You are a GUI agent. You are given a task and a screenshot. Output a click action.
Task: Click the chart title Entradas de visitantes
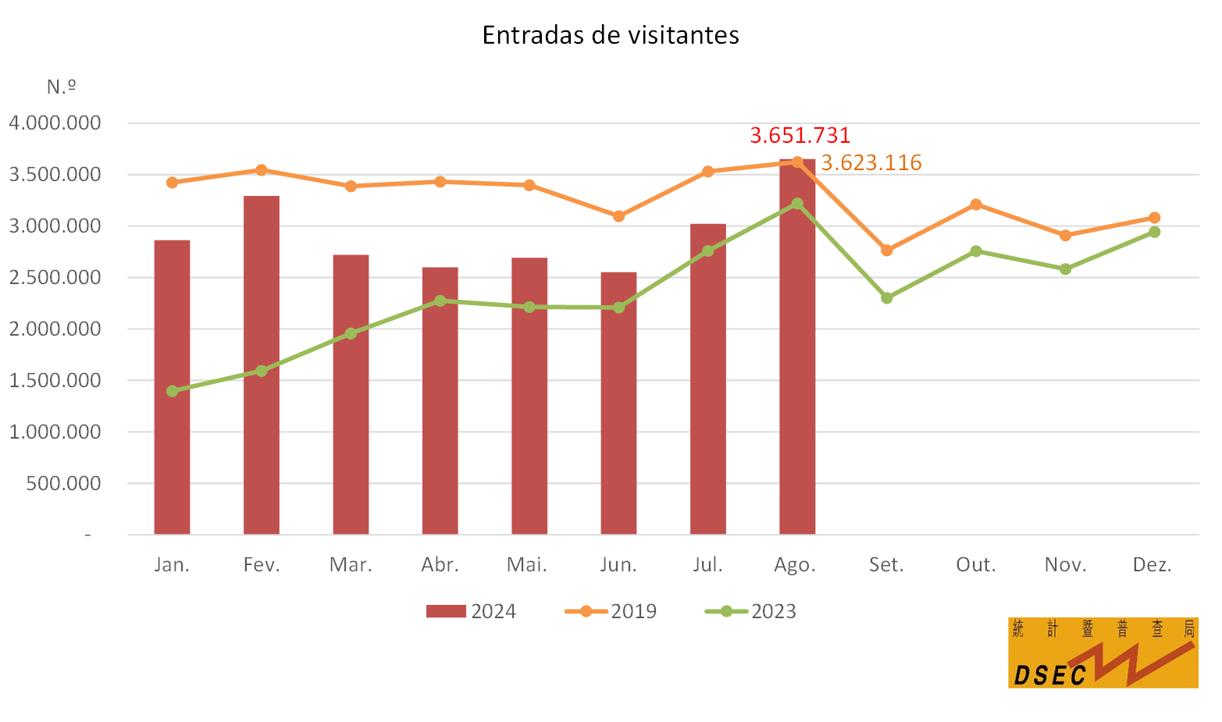coord(611,35)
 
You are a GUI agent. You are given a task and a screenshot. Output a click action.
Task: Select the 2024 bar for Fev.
coord(262,365)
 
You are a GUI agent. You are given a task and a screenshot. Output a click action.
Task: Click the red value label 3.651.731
coord(800,135)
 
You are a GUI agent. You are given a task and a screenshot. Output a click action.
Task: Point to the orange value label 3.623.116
coord(871,162)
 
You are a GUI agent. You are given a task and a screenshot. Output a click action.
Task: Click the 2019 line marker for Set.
coord(886,251)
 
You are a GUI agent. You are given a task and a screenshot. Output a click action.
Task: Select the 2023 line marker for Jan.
coord(173,391)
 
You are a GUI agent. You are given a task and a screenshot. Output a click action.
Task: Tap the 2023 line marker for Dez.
coord(1154,232)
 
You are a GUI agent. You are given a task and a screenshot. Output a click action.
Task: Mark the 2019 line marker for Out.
coord(976,205)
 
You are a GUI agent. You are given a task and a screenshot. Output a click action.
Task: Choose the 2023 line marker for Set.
coord(886,298)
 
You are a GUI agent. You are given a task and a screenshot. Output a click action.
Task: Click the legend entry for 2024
coord(472,611)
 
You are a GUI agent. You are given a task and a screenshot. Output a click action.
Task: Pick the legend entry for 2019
coord(611,611)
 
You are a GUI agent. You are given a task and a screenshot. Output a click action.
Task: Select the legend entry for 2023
coord(750,611)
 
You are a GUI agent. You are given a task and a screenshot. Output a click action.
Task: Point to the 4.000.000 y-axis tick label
coord(55,123)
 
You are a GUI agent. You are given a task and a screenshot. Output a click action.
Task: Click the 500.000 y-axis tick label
coord(63,483)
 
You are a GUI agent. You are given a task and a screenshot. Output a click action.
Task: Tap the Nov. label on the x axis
coord(1065,564)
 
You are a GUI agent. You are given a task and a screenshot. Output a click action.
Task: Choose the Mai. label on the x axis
coord(528,564)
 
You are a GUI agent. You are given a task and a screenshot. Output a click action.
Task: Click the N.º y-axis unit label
coord(61,86)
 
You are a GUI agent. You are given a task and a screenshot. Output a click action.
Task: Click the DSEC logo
coord(1103,653)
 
